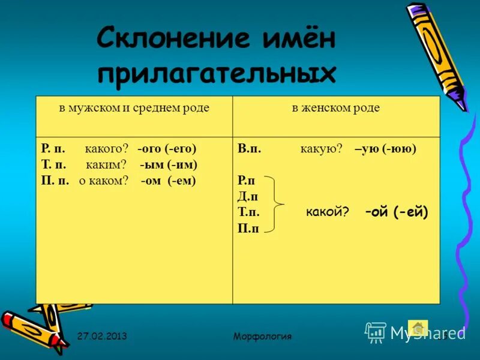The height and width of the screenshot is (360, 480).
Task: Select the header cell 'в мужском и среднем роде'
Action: click(134, 109)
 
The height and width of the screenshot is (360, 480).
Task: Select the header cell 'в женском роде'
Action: click(336, 109)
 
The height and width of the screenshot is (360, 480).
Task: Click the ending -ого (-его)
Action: click(167, 149)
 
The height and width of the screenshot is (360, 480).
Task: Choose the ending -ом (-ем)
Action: click(169, 180)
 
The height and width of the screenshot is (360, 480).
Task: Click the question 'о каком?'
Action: click(103, 180)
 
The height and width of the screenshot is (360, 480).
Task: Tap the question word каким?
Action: click(106, 164)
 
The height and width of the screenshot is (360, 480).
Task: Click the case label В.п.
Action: click(249, 149)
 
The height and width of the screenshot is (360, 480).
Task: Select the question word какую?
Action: click(321, 149)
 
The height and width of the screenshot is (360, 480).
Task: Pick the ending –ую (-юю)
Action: click(385, 149)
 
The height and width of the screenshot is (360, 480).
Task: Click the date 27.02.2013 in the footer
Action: click(101, 336)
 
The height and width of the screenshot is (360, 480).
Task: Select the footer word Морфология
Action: click(262, 336)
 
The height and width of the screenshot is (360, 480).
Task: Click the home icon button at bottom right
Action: click(418, 328)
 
